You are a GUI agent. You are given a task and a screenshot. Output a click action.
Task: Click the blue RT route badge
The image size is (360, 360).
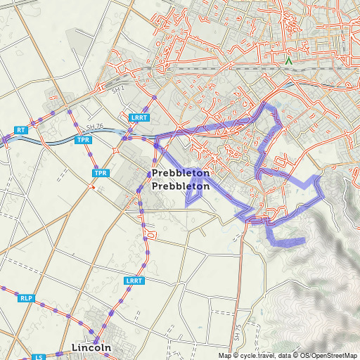pos(21,130)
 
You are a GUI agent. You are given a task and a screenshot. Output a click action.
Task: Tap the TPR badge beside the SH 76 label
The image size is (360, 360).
pos(84,140)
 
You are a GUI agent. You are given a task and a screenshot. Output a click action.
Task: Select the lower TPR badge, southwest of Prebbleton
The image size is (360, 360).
pos(101,173)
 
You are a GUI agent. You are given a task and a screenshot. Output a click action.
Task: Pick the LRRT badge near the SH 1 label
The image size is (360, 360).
pos(139,118)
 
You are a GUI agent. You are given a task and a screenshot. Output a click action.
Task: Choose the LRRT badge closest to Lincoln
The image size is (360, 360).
pos(134,281)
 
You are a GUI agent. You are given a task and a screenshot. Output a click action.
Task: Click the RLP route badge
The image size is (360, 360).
pos(27,298)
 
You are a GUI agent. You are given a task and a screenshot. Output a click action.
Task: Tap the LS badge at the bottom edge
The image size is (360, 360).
pos(40,357)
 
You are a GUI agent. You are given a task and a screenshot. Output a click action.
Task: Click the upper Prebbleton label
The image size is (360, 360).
pos(180,172)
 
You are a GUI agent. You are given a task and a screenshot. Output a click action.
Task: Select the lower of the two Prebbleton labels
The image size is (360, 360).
pos(180,186)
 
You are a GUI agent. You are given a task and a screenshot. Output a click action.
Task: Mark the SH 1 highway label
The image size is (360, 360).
pos(117,91)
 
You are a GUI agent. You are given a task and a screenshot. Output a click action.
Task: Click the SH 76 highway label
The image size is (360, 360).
pos(95,127)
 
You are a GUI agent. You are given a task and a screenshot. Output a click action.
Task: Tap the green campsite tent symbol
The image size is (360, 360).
pos(288,61)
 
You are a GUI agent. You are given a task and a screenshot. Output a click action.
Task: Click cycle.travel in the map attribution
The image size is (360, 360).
pos(259,355)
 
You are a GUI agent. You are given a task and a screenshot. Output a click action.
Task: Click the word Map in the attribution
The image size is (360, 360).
pos(224,355)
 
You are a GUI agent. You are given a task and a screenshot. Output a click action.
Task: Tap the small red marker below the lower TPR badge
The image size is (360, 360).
pos(94,187)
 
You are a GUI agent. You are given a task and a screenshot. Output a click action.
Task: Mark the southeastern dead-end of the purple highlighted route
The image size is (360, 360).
pos(304,241)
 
